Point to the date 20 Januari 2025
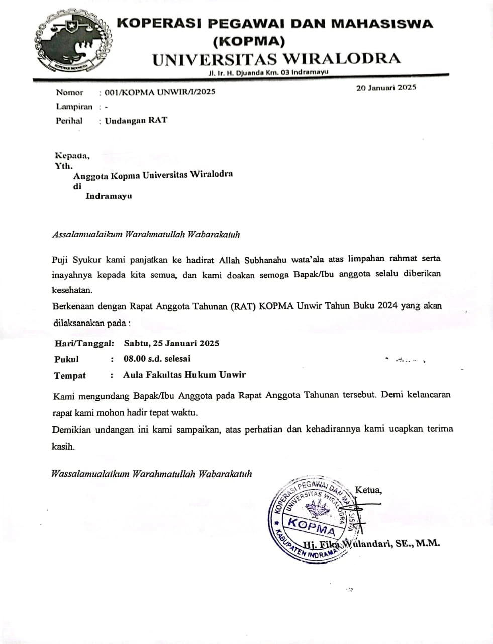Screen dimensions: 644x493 386,87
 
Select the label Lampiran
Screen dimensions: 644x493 74,106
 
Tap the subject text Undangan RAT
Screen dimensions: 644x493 136,120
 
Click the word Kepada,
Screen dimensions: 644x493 72,155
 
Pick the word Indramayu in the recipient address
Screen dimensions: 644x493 109,196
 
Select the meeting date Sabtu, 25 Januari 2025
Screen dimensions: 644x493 171,343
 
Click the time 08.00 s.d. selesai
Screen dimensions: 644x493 157,359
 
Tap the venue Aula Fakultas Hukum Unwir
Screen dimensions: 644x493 184,375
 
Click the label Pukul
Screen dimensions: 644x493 66,359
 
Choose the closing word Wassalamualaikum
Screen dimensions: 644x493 89,474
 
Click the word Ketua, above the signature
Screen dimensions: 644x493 368,490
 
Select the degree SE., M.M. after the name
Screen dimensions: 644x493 419,543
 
